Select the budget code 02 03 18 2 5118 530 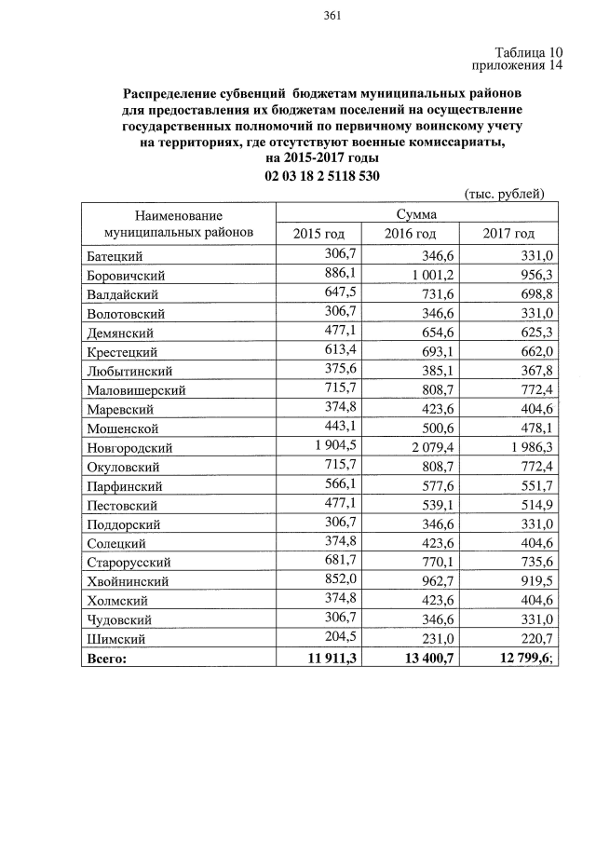(x=321, y=176)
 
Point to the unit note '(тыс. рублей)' (x=504, y=194)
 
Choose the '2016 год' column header (x=411, y=233)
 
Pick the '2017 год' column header (x=508, y=233)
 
